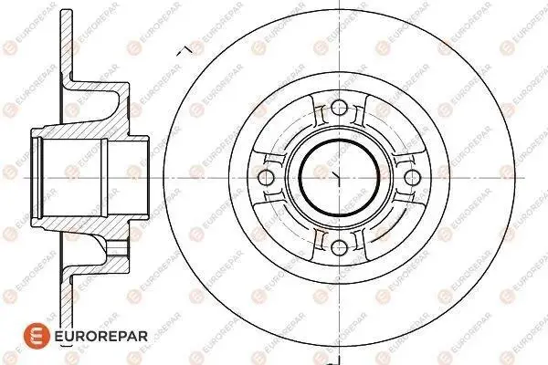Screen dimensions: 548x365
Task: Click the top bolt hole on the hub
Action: (339, 108)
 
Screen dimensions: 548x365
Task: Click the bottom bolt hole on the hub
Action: (339, 248)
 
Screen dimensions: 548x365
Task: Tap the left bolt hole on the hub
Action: (266, 177)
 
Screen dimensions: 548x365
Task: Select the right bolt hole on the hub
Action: (412, 177)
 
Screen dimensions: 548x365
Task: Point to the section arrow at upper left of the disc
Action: (184, 51)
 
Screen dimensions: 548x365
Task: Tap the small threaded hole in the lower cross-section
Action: (116, 248)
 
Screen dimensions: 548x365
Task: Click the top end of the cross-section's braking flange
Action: (67, 11)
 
